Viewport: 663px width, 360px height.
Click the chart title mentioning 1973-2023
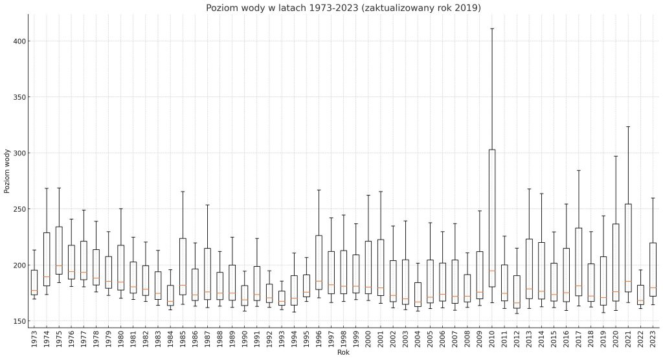[343, 8]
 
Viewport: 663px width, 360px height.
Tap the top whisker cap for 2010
[492, 28]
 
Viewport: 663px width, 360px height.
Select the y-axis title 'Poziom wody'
[7, 171]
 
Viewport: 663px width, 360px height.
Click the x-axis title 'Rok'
[343, 353]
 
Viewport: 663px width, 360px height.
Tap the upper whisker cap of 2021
[628, 126]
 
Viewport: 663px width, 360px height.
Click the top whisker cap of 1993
[282, 281]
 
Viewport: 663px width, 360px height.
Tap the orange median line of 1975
[59, 265]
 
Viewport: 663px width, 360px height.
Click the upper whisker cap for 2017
[578, 170]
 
